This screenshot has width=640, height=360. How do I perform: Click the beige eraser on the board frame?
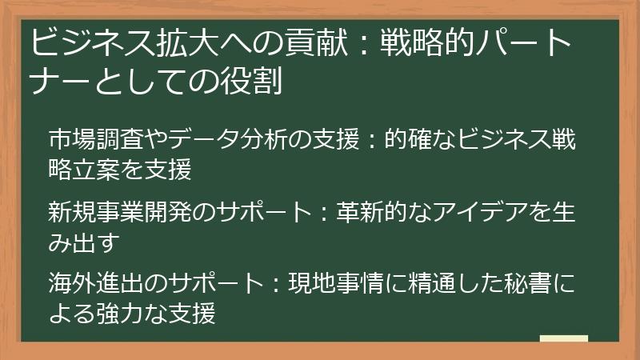pos(564,339)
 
